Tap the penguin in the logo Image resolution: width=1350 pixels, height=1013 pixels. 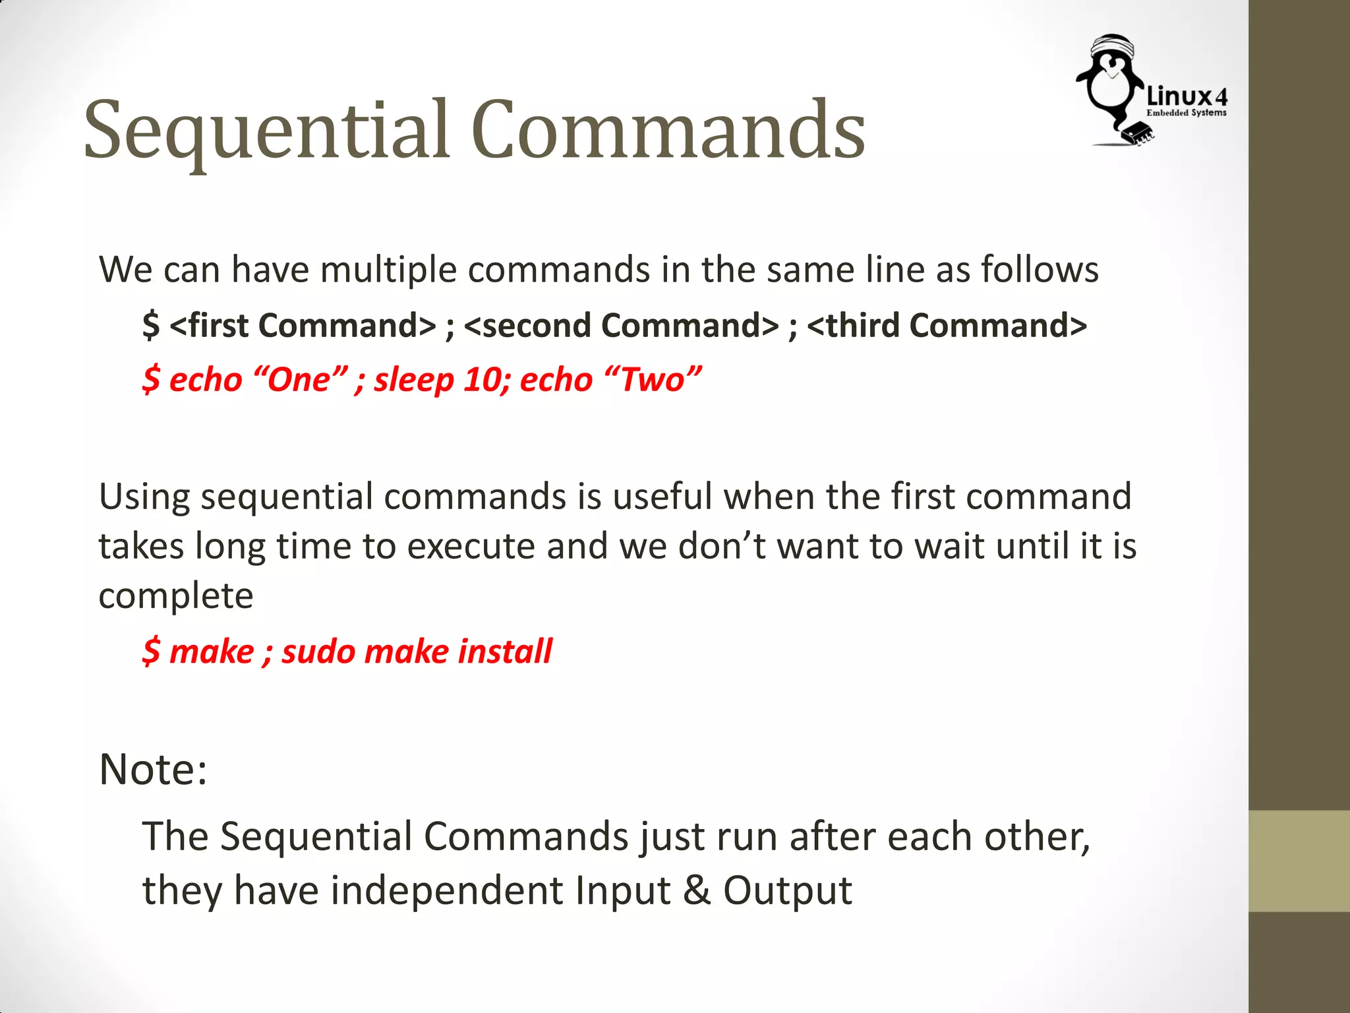pos(1113,86)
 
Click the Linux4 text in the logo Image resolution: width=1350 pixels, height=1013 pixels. pos(1187,97)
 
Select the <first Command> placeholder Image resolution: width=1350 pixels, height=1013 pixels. pos(303,325)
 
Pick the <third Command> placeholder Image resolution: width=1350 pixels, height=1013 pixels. pos(947,325)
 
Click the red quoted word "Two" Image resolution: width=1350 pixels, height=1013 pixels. pos(652,380)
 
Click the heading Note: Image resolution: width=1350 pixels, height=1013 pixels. pos(153,769)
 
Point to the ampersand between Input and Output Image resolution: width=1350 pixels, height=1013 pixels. pos(697,890)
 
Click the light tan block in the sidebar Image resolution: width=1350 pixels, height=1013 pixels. pos(1299,861)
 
